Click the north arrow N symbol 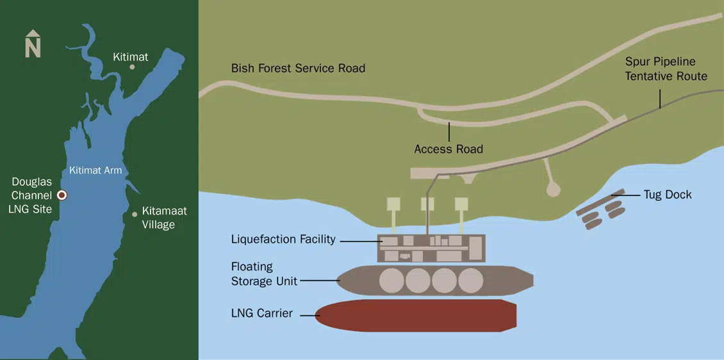pos(33,44)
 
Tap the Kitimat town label pos(131,57)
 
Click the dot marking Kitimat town pos(133,67)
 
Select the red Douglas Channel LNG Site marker pos(62,195)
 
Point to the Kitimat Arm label pos(95,171)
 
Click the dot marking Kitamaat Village pos(135,214)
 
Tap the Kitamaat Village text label pos(164,218)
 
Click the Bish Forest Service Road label pos(298,68)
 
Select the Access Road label pos(448,149)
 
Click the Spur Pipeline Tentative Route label pos(666,69)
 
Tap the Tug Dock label pos(668,195)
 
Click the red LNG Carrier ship pos(416,315)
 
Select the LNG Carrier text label pos(261,314)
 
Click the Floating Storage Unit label pos(263,274)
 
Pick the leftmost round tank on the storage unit pos(391,281)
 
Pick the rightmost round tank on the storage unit pos(470,281)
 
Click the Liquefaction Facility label pos(283,240)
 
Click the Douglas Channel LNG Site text pos(31,195)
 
